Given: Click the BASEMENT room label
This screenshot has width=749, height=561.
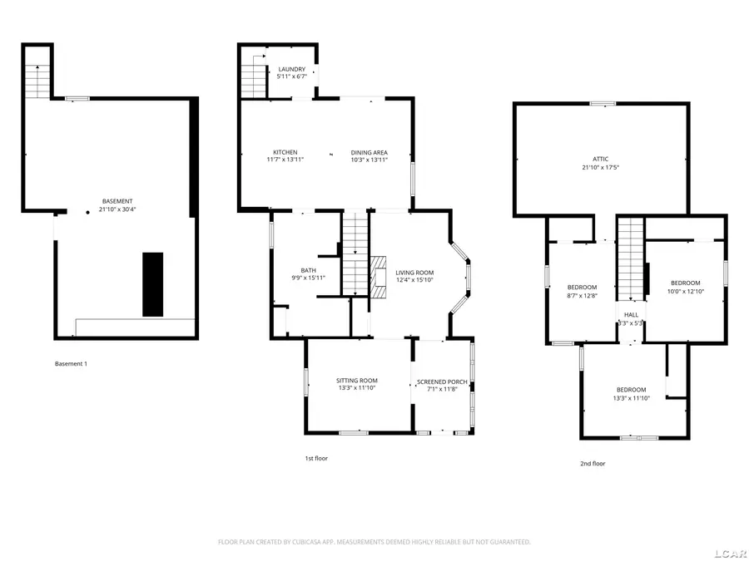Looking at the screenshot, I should [117, 201].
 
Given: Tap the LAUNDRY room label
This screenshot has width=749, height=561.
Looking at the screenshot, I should [291, 69].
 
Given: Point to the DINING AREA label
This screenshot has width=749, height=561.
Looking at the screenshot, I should [369, 152].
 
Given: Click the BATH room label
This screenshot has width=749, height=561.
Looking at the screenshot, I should [308, 270].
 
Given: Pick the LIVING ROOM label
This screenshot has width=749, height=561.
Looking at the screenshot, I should [414, 273].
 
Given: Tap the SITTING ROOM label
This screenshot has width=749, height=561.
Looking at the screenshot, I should [357, 381].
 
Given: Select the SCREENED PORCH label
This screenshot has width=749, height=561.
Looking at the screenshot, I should [442, 381].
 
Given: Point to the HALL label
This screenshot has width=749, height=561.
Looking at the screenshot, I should [631, 314].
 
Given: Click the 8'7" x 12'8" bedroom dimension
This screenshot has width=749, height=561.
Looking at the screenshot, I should [582, 295].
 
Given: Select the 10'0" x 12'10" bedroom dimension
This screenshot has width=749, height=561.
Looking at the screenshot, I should [685, 291].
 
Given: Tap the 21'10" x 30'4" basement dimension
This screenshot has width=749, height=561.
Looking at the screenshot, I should [117, 209].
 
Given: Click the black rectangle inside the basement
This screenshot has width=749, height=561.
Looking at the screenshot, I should [153, 284].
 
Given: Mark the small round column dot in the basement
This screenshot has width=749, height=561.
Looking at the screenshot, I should [87, 213].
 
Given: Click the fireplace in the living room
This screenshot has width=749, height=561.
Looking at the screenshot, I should [379, 275].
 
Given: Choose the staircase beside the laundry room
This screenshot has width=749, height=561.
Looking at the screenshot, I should [252, 80].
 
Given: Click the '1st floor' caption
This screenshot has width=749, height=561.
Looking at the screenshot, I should [315, 458].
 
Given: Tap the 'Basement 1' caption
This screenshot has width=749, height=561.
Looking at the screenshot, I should [71, 364].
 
